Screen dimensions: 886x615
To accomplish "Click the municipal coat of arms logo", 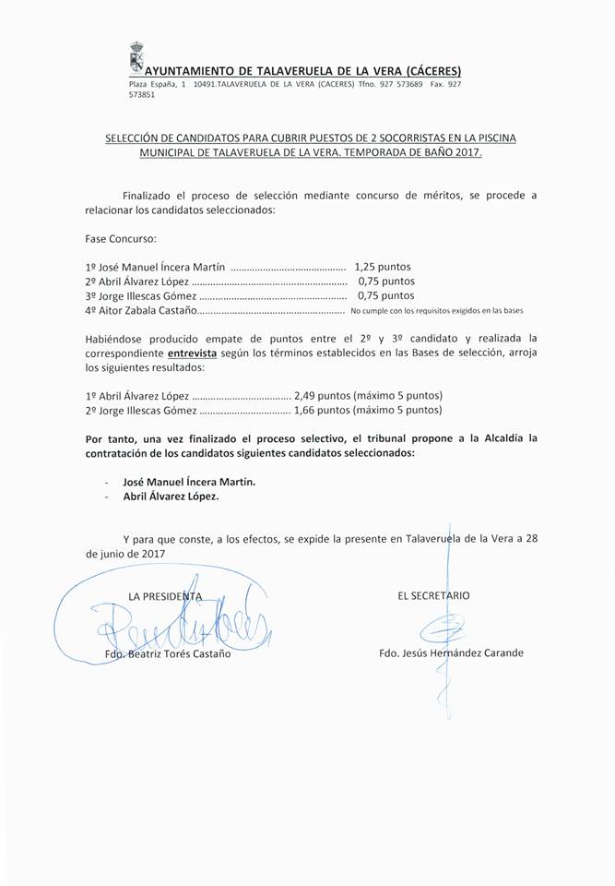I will pyautogui.click(x=135, y=59).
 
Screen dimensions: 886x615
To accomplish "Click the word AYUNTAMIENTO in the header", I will pyautogui.click(x=191, y=71).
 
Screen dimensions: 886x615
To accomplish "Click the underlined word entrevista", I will pyautogui.click(x=194, y=353).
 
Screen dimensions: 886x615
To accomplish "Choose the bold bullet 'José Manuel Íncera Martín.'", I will pyautogui.click(x=189, y=482).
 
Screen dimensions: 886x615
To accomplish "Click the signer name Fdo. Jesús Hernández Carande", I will pyautogui.click(x=450, y=653).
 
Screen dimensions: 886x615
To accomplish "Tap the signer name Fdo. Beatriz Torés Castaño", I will pyautogui.click(x=168, y=655).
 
